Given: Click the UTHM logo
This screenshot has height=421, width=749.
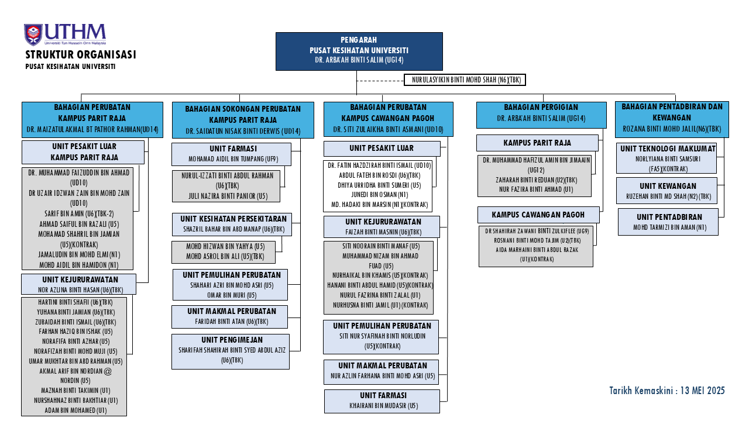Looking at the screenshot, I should point(65,34).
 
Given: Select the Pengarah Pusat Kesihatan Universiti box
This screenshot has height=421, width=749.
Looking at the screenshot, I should point(359,51).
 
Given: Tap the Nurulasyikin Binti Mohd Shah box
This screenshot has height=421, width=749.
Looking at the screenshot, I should point(465,80).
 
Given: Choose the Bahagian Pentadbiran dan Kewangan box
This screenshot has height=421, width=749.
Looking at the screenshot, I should point(672,119).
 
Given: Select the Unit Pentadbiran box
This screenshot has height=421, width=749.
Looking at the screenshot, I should point(668,222).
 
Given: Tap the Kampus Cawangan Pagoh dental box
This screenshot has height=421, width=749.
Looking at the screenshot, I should point(538,215).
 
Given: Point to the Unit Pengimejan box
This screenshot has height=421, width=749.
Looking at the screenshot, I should point(231,351).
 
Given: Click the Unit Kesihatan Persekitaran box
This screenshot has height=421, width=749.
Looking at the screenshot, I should point(232,225).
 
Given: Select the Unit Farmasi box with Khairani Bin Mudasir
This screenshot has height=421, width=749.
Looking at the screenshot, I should point(383,401).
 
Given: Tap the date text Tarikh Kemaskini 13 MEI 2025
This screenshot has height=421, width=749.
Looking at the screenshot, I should point(667,391).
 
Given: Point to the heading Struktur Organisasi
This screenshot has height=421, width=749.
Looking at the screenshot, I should point(81,55).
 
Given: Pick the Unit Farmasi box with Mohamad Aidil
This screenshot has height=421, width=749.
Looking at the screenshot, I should point(231,154).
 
